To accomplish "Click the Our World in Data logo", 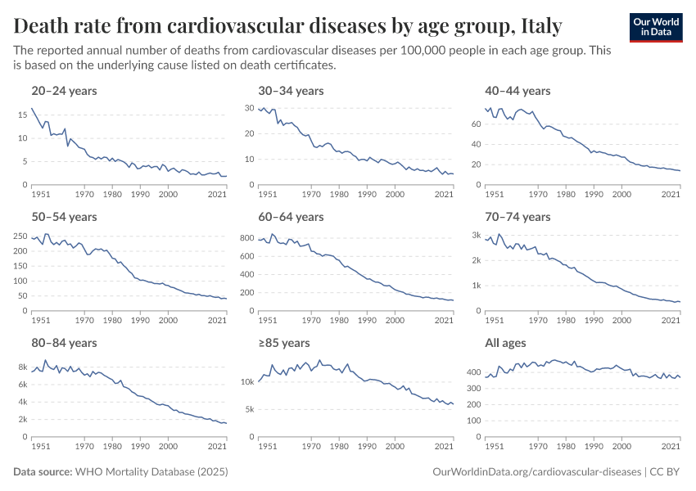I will pos(655,26).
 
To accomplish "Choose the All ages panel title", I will pos(507,343).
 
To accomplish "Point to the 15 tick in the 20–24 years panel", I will pos(23,115).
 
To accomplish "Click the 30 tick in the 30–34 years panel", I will pos(250,108).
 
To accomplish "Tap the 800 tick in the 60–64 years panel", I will pos(246,238).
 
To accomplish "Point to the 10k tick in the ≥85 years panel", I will pos(247,382).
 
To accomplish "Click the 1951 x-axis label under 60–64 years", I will pos(269,321).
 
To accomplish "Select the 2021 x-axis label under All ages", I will pos(671,447).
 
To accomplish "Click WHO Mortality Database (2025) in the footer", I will pos(151,472).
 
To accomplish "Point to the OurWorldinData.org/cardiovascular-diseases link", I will pos(536,472).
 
